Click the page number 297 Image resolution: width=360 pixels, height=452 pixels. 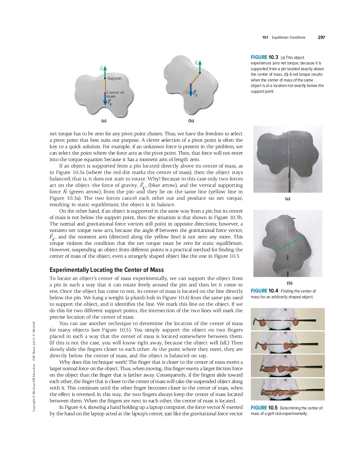coord(321,38)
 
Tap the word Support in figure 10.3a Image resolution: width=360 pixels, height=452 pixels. coord(115,78)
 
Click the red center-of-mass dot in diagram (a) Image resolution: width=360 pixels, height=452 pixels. coord(105,93)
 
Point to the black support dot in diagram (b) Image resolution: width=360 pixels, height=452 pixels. coord(200,73)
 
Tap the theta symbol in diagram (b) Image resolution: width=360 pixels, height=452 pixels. coord(187,91)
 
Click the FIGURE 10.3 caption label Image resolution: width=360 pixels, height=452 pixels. coord(264,57)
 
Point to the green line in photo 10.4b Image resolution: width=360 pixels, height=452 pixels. coord(289,244)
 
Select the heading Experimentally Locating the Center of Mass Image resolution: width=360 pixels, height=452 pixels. coord(107,270)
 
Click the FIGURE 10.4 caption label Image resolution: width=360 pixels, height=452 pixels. coord(264,291)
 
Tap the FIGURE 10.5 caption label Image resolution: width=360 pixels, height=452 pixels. coord(264,408)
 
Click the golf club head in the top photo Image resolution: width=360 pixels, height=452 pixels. coord(257,321)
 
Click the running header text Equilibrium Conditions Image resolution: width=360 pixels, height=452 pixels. coord(289,38)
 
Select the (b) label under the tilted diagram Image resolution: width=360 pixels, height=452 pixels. coord(191,121)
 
